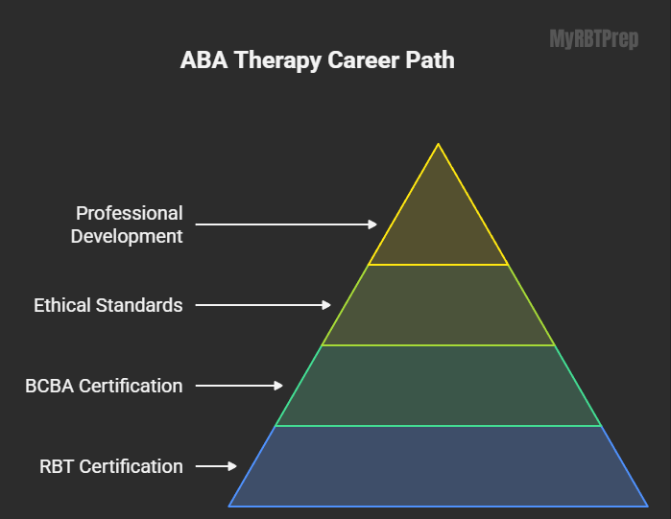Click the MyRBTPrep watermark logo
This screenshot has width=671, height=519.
[594, 39]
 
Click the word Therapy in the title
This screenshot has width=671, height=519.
[278, 60]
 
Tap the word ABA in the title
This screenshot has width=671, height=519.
[204, 59]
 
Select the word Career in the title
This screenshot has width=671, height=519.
[364, 59]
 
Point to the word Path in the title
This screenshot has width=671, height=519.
[430, 59]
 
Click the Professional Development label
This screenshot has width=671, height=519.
[127, 224]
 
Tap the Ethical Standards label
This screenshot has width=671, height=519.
[108, 305]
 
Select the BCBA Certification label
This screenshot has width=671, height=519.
[104, 386]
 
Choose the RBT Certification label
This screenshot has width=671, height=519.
[111, 466]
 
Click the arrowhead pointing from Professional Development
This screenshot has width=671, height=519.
[372, 224]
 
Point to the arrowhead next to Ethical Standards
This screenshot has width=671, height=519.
[326, 305]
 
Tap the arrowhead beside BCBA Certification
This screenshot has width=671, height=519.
[278, 386]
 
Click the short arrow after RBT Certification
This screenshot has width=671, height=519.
[216, 466]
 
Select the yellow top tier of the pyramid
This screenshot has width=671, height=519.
[438, 223]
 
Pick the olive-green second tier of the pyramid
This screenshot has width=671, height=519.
[438, 305]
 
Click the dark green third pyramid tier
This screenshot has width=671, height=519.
[438, 386]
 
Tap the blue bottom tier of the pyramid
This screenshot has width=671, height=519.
[438, 466]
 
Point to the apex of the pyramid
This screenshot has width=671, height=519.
[438, 144]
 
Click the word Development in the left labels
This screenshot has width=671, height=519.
[127, 236]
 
